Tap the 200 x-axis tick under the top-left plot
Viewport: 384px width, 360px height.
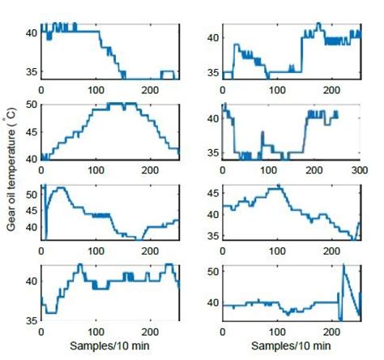point(151,91)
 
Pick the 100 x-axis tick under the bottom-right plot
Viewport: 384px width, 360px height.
point(278,332)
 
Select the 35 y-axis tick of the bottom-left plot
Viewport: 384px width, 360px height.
point(29,320)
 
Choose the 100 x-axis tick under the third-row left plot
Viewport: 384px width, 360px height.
point(96,252)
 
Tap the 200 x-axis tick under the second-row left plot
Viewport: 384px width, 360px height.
point(151,171)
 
